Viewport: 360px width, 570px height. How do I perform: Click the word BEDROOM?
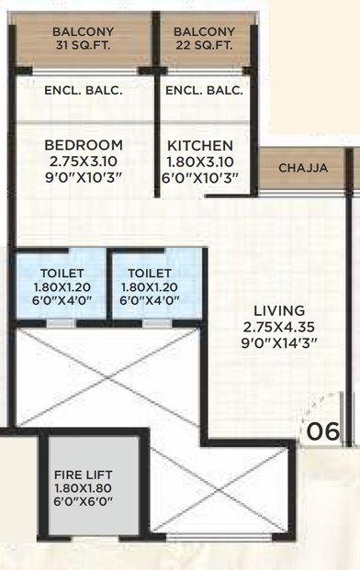coord(83,145)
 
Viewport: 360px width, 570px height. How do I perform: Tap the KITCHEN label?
coord(199,146)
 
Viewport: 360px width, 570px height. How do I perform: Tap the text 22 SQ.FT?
coord(204,47)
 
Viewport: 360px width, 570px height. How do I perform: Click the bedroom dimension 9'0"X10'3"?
coord(83,176)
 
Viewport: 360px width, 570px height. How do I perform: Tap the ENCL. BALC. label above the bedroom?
coord(84,90)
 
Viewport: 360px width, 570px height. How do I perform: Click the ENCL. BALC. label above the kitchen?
coord(204,90)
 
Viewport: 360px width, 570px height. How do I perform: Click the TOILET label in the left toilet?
coord(62,273)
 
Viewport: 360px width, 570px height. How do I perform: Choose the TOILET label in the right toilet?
coord(149,273)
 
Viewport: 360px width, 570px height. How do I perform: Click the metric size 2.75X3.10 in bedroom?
coord(83,161)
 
